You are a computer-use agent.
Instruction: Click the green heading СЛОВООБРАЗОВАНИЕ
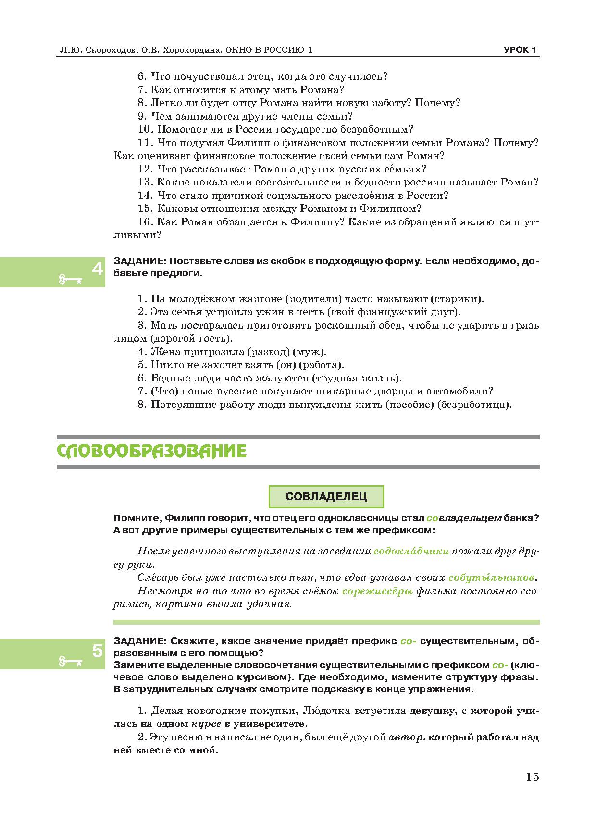click(151, 452)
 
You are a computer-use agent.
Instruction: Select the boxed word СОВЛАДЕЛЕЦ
click(326, 497)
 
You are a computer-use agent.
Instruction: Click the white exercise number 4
click(97, 269)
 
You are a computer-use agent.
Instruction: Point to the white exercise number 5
click(97, 651)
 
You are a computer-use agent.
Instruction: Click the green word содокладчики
click(411, 552)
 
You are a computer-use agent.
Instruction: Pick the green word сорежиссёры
click(377, 591)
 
